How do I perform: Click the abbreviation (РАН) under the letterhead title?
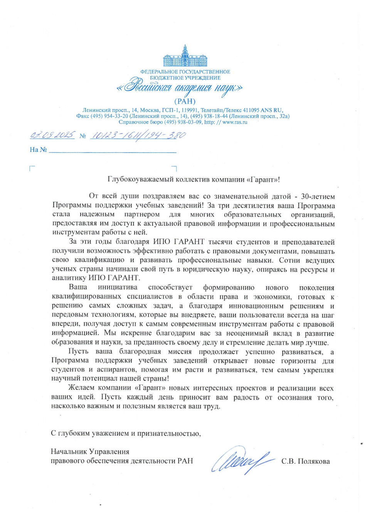pyautogui.click(x=185, y=101)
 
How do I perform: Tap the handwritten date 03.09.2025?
pyautogui.click(x=52, y=135)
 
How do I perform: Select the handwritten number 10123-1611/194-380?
pyautogui.click(x=138, y=135)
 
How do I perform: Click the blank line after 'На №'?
pyautogui.click(x=112, y=150)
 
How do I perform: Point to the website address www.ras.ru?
pyautogui.click(x=235, y=122)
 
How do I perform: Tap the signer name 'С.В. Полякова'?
pyautogui.click(x=305, y=461)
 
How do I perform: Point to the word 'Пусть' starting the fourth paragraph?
pyautogui.click(x=78, y=351)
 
